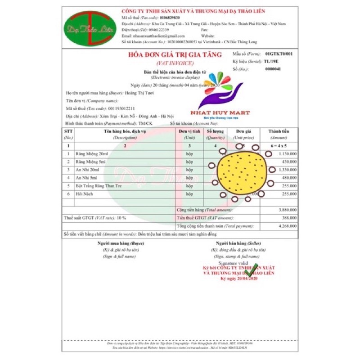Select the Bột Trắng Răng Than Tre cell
pos(99,185)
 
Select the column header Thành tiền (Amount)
pos(279,134)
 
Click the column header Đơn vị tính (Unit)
pos(189,134)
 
